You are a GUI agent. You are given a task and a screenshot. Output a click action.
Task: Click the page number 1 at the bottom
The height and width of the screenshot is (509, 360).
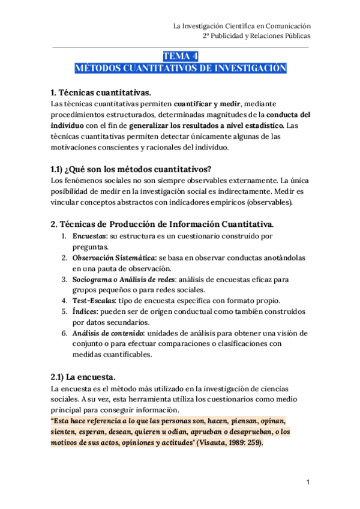307,482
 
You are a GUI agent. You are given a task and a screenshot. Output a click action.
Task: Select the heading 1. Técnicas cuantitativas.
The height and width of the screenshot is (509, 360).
101,92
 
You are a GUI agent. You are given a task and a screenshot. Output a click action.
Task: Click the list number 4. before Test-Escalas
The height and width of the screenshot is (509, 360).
64,301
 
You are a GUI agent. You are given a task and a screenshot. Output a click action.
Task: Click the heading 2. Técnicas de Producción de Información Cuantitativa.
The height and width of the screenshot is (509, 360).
162,224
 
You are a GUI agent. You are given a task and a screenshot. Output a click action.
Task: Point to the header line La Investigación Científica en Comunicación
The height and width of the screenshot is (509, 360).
241,26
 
